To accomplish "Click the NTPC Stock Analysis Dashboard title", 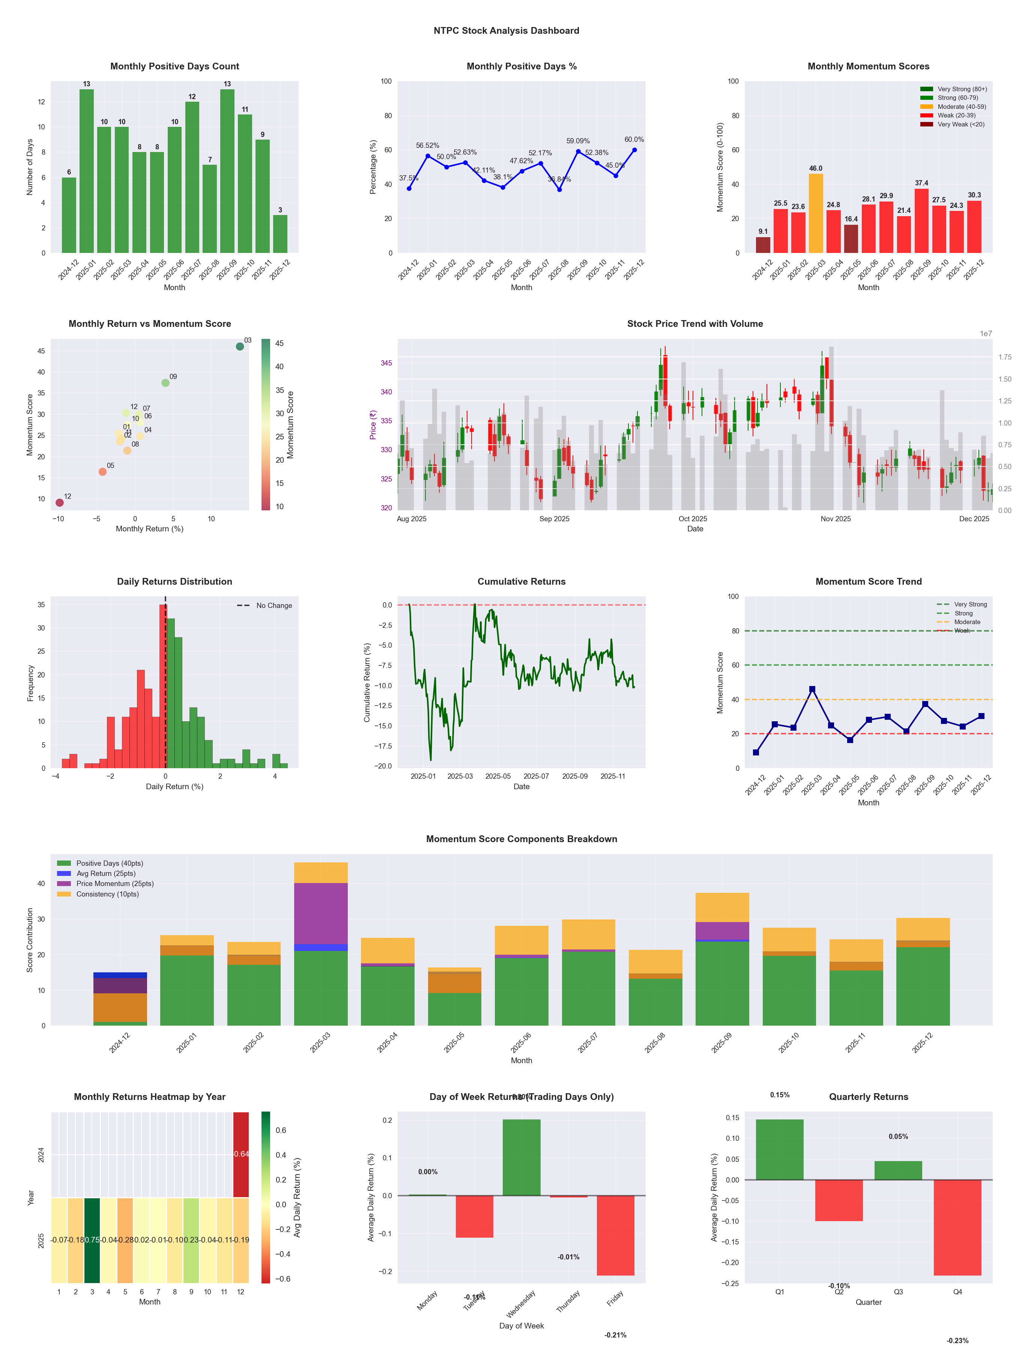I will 506,30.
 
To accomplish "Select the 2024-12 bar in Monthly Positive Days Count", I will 69,215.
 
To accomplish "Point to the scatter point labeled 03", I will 240,346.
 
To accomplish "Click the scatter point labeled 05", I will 102,471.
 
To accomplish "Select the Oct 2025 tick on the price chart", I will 693,519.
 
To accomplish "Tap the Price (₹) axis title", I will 373,424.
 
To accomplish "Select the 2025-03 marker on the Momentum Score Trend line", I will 812,689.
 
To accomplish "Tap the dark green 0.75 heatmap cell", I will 92,1240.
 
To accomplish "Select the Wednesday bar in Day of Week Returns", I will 522,1157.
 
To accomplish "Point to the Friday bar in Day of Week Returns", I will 616,1235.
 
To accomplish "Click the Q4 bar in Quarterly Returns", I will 957,1227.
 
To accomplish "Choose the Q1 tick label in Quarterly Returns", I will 780,1292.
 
